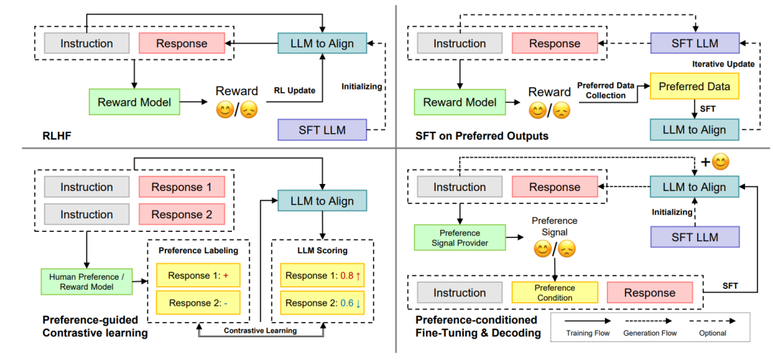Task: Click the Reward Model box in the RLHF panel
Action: click(x=134, y=102)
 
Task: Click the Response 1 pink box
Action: click(x=182, y=188)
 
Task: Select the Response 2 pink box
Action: click(x=182, y=214)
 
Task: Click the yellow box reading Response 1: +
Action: click(x=198, y=276)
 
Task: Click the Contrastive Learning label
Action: click(x=261, y=331)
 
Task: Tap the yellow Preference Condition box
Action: click(x=555, y=293)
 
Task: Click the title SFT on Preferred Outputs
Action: click(x=482, y=135)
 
